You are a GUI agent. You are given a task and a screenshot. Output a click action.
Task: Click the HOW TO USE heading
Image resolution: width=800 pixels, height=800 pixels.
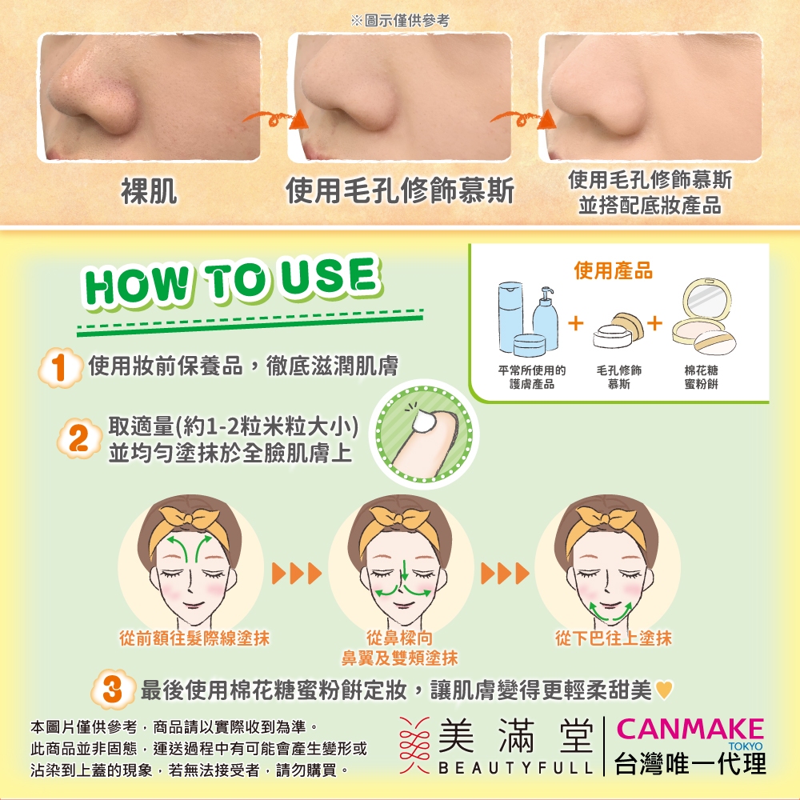coord(232,281)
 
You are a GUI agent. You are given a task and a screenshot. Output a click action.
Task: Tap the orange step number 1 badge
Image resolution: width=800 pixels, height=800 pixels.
coord(60,367)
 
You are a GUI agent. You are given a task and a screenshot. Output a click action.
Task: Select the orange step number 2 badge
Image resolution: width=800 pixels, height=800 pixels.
coord(79,438)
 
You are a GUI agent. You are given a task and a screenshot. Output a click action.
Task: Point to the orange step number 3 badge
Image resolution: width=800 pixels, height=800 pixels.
coord(114,690)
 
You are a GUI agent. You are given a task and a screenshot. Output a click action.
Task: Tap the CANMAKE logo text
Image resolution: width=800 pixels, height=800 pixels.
coord(690,729)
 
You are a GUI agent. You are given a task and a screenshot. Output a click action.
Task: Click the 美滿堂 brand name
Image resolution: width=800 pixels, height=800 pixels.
coord(515,735)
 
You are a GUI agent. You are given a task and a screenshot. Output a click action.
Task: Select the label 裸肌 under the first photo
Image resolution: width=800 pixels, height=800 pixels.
coord(149,191)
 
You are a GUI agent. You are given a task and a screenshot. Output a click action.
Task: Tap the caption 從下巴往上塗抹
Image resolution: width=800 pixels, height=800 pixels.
coord(614,638)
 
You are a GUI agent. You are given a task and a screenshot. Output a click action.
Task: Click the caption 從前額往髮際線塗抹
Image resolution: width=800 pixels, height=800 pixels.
coord(194,638)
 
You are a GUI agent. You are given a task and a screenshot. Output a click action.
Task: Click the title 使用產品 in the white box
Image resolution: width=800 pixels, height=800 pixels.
coord(614,270)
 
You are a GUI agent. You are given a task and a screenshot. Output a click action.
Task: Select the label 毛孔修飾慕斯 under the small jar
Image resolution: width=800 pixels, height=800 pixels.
coord(619,377)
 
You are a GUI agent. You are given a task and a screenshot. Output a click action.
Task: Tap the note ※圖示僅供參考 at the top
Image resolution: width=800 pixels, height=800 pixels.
coord(400,21)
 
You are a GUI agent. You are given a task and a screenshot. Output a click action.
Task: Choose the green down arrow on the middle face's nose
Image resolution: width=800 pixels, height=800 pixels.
coord(404,570)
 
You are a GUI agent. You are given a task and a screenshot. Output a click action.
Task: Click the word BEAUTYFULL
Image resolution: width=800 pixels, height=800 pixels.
coord(515,767)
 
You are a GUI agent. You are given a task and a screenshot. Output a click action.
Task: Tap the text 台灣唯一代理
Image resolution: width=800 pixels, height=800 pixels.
coord(690,764)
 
